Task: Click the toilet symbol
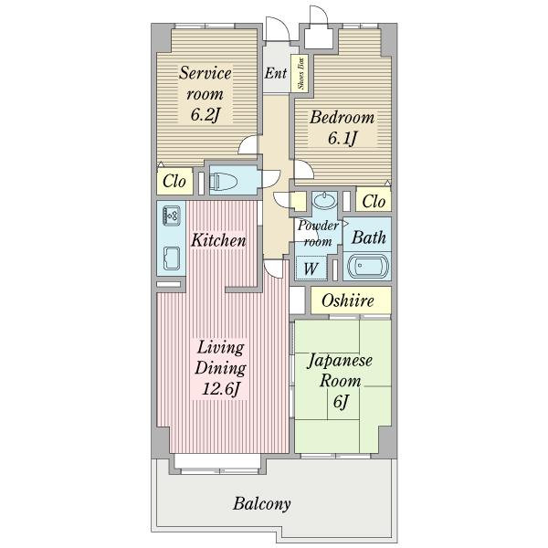coord(224,181)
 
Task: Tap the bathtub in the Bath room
coord(368,267)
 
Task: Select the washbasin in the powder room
coord(324,200)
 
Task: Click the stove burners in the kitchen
coord(172,215)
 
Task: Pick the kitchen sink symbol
coord(172,258)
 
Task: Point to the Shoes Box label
coord(300,74)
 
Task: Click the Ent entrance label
coord(276,73)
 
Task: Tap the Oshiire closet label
coord(348,300)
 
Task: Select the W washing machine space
coord(311,268)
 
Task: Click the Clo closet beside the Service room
coord(174,182)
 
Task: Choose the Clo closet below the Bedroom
coord(374,201)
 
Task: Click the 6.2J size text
coord(205,114)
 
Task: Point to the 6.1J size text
coord(342,138)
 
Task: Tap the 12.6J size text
coord(221,388)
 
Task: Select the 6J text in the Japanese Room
coord(341,402)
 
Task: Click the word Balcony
coord(262,504)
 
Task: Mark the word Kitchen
coord(218,240)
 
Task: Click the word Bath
coord(369,237)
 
